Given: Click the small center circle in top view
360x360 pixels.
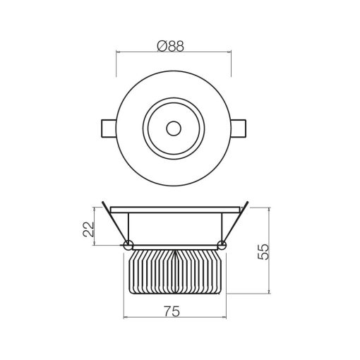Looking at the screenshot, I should point(173,128).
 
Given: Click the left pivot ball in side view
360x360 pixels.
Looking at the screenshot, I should point(128,245).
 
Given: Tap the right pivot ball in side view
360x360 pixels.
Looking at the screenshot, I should point(222,245).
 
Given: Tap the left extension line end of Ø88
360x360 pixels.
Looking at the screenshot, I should point(116,64).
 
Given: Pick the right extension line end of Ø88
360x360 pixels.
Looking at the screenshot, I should point(232,64).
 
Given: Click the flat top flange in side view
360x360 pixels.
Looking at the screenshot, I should point(174,209).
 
